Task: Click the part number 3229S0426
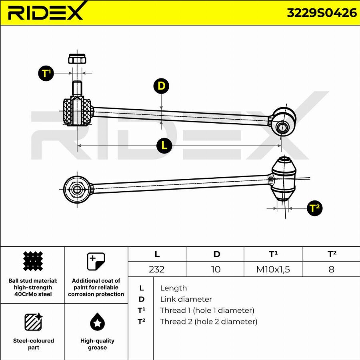(322, 13)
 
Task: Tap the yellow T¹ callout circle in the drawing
(46, 73)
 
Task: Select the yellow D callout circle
(161, 86)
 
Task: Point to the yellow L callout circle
(164, 146)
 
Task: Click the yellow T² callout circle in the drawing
(315, 208)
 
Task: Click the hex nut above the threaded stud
(77, 59)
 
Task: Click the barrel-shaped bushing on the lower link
(284, 179)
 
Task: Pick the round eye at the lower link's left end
(77, 188)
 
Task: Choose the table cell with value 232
(157, 269)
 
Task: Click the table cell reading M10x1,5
(273, 269)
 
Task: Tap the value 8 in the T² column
(331, 269)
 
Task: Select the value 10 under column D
(216, 269)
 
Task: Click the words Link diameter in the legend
(186, 299)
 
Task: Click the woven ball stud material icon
(33, 262)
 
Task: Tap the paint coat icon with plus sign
(96, 262)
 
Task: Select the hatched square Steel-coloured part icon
(34, 322)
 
